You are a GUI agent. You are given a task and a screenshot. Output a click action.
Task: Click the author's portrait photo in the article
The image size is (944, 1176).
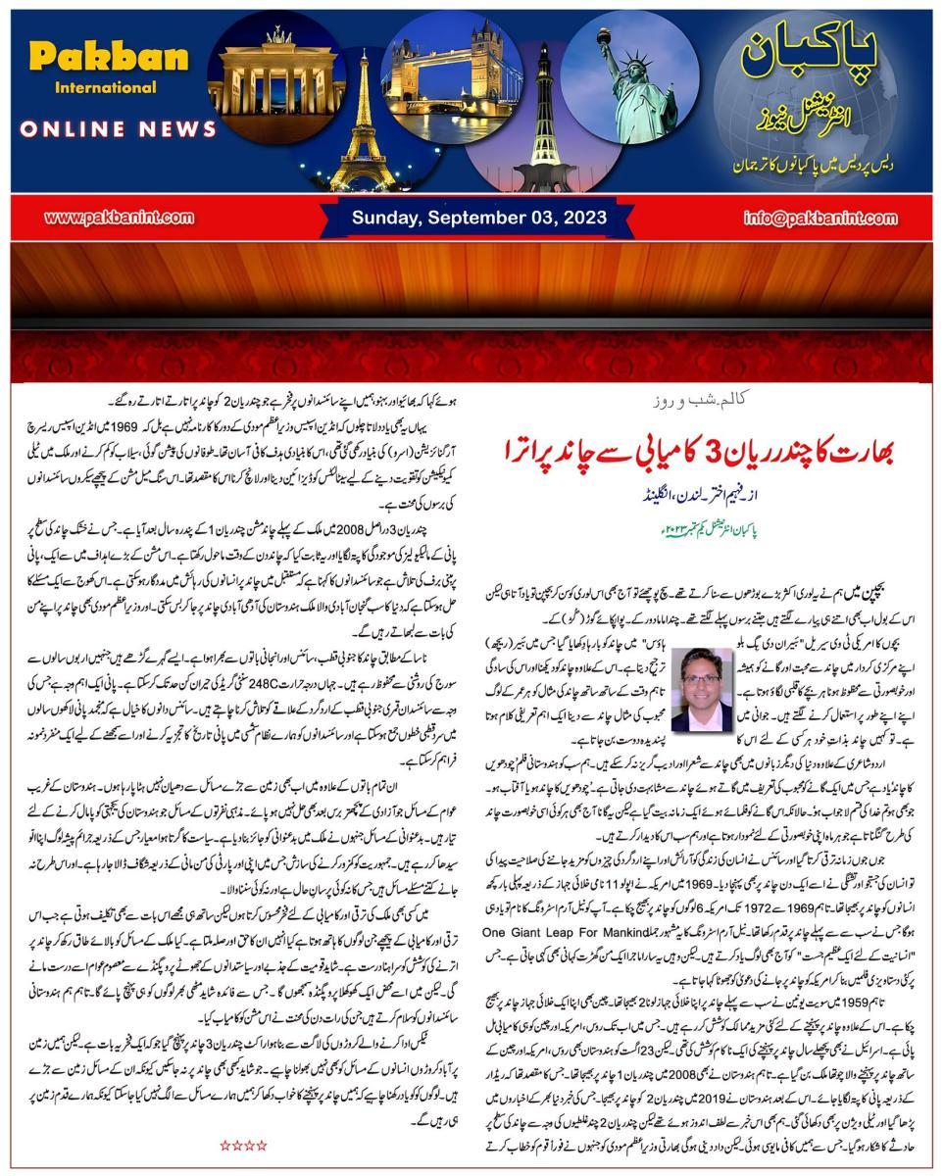(702, 688)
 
